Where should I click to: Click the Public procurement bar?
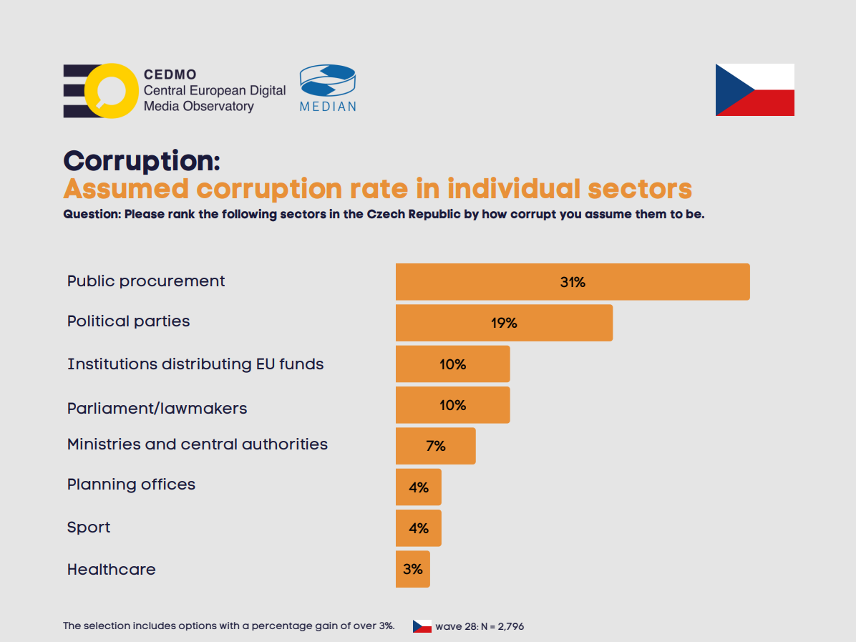pos(573,281)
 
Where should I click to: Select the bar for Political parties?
pos(504,323)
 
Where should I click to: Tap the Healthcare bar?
pos(413,569)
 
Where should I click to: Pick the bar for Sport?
pos(419,528)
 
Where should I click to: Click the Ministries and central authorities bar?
pos(435,446)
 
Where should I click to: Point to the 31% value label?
pos(573,282)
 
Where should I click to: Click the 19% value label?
pos(504,323)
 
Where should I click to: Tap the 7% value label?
pos(435,446)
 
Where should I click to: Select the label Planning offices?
pos(131,485)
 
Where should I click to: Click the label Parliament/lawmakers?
pos(157,409)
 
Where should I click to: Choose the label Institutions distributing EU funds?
pos(195,364)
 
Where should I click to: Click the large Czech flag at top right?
pos(754,89)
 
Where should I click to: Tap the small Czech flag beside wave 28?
pos(422,626)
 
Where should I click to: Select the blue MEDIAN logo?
pos(327,88)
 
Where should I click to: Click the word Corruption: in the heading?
pos(141,160)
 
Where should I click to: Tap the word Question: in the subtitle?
pos(92,214)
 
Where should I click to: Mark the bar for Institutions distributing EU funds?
pos(452,364)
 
